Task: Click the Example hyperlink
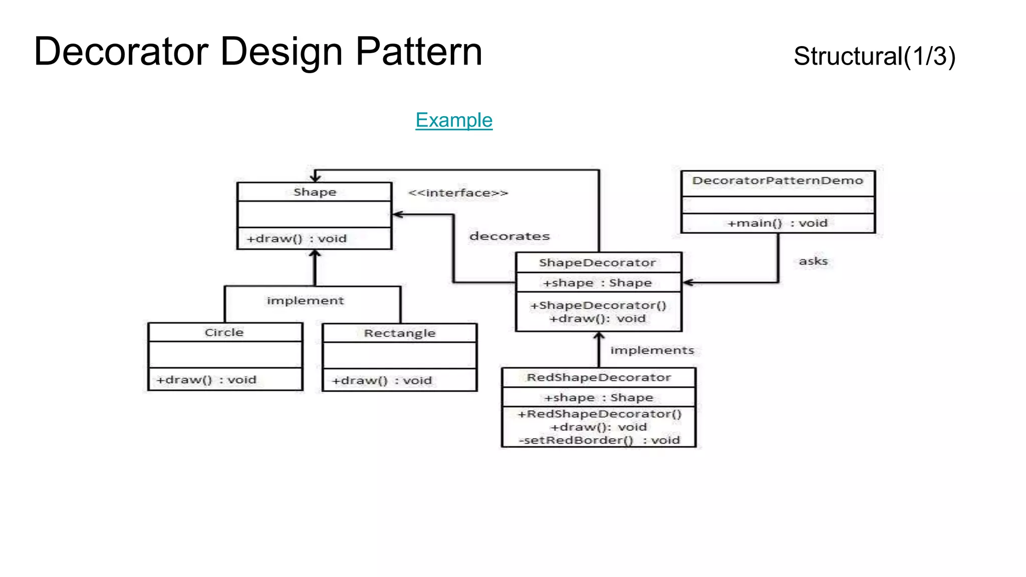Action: coord(454,120)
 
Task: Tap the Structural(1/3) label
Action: coord(874,56)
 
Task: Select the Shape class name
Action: coord(315,192)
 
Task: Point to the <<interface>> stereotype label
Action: coord(458,193)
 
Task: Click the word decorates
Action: coord(509,236)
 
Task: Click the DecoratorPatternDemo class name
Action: coord(778,181)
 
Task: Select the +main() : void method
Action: coord(778,223)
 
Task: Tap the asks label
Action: coord(813,261)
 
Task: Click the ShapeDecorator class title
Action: coord(597,263)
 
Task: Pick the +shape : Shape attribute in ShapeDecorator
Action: coord(597,283)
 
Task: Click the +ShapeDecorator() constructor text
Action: coord(598,306)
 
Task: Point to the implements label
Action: coord(652,350)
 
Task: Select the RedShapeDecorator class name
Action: coord(599,378)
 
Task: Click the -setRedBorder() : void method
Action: coord(599,440)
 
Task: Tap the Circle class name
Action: coord(224,333)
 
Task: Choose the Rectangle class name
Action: coord(399,334)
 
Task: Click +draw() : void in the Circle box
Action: coord(206,380)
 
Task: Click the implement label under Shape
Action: coord(305,301)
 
